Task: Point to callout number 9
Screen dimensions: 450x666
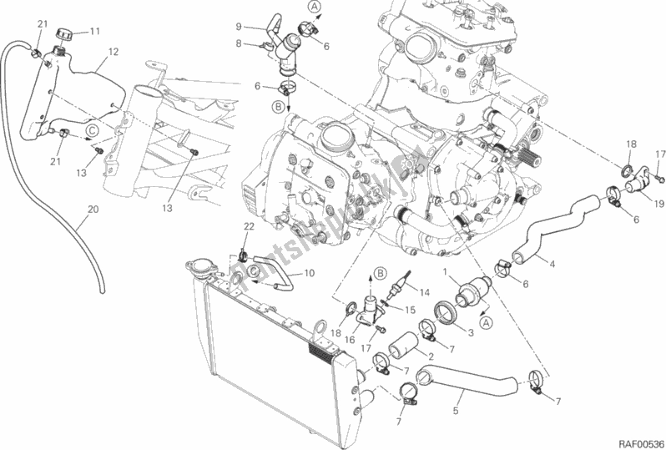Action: [238, 27]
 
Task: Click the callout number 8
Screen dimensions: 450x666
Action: [238, 43]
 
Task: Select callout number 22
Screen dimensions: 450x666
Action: [248, 228]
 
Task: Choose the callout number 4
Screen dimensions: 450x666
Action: [552, 265]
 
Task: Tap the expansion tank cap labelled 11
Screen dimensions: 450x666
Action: [66, 35]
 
